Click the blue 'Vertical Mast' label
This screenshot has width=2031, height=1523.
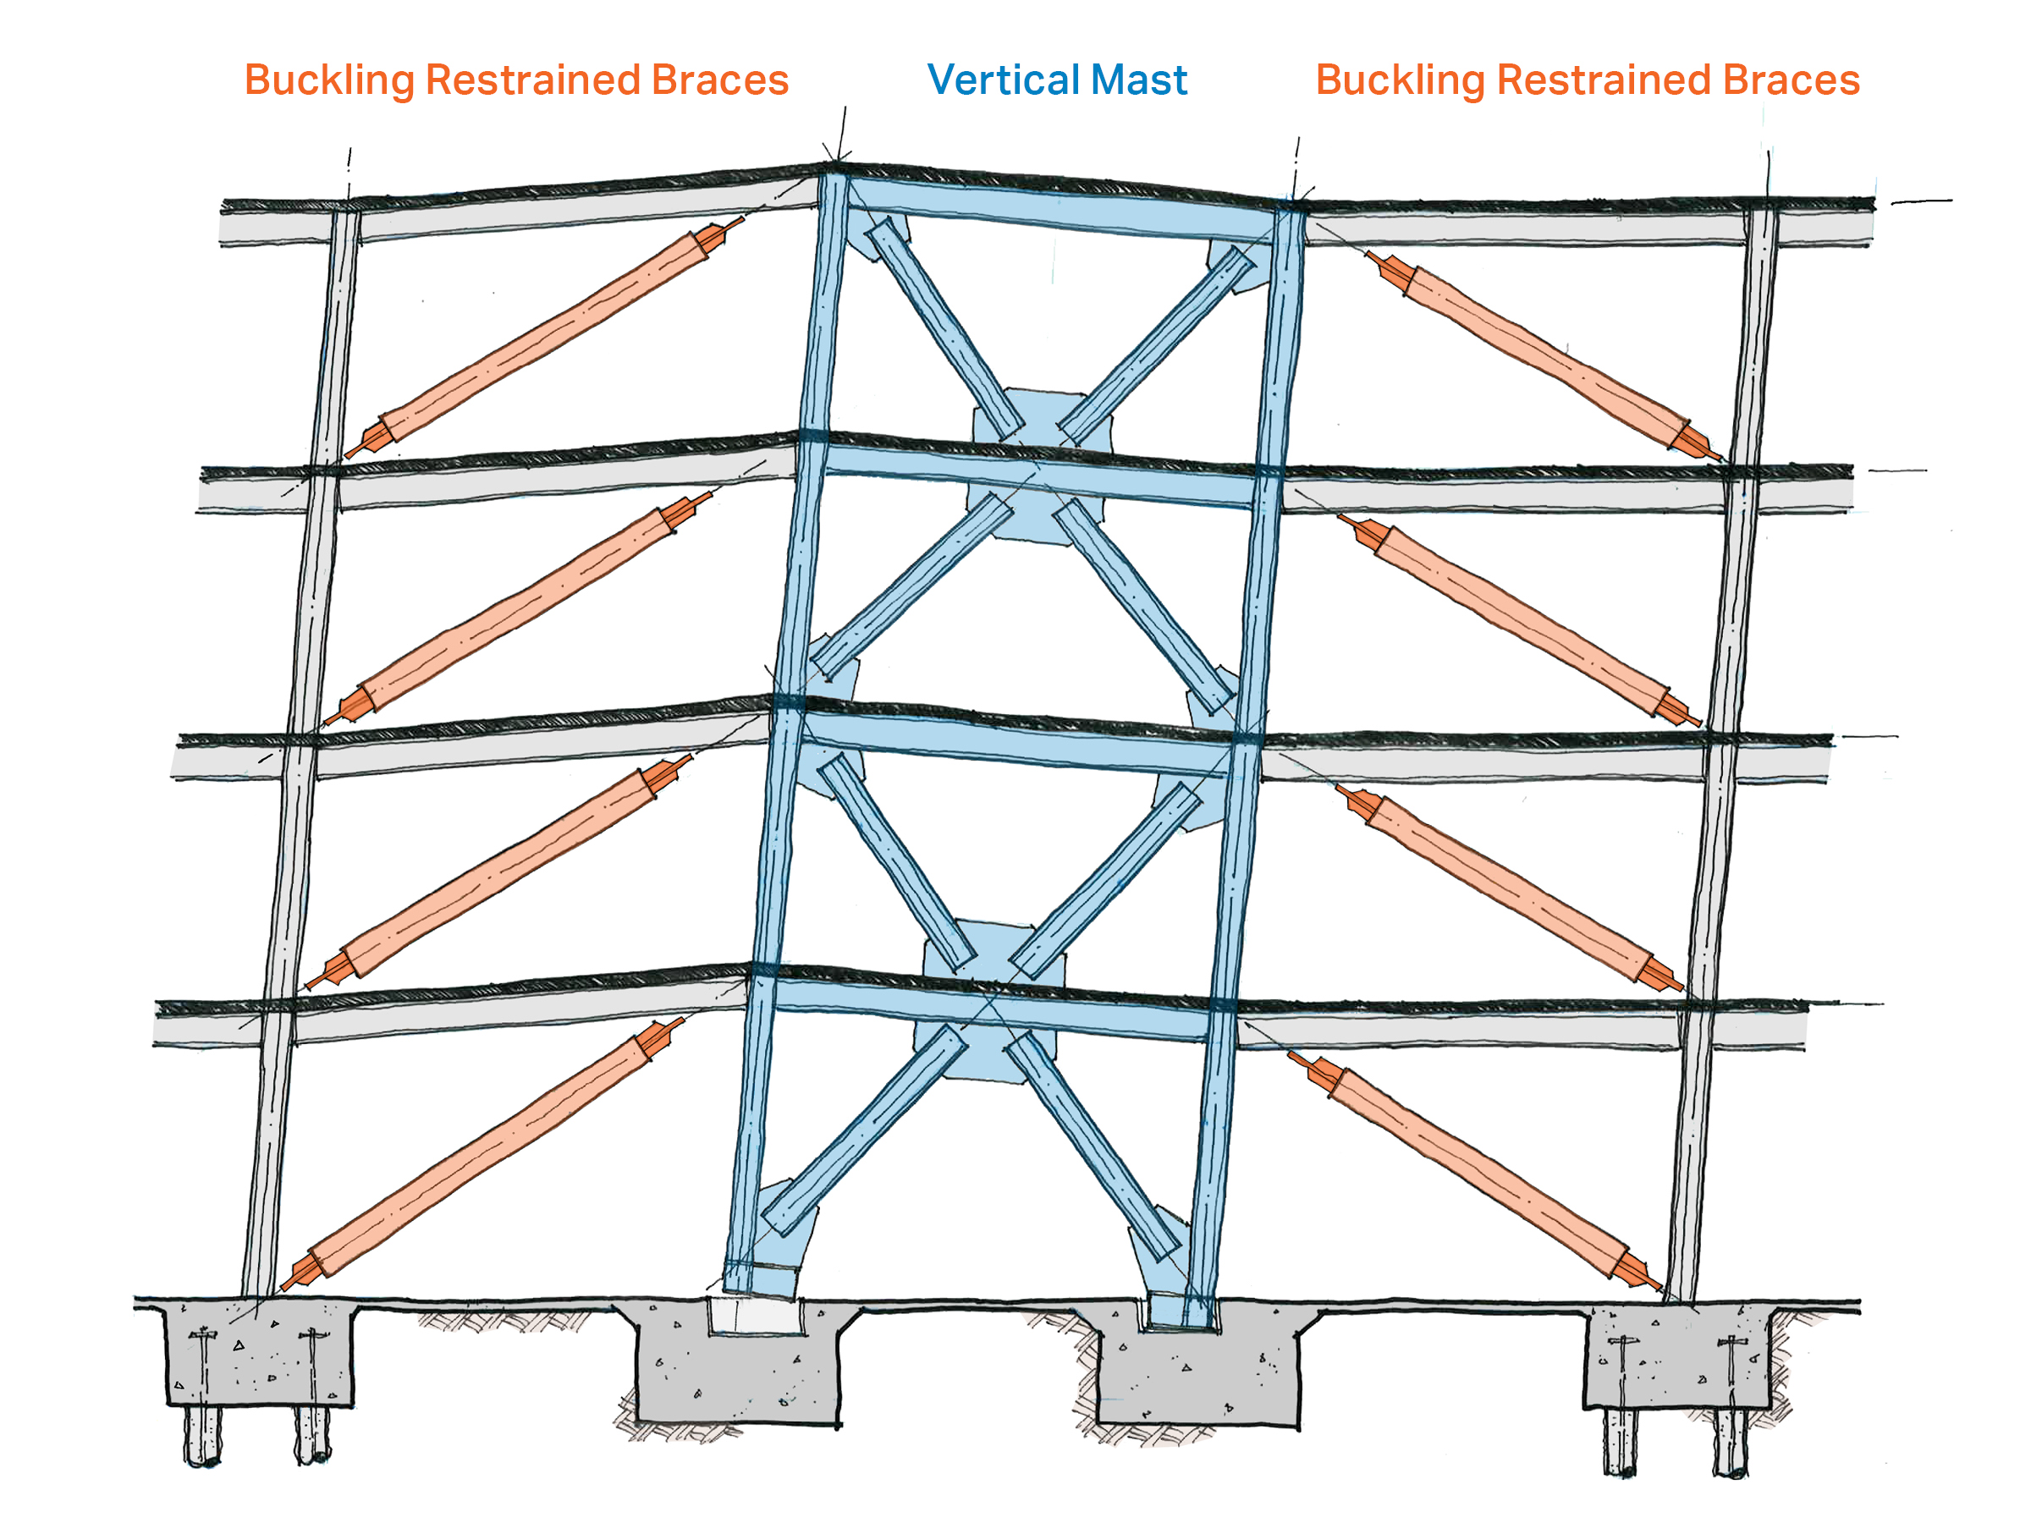pos(1057,80)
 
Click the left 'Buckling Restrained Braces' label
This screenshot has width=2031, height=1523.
pos(516,80)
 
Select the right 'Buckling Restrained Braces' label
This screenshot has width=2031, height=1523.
pos(1588,80)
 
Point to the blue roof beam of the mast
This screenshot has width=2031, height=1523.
pos(1056,208)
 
